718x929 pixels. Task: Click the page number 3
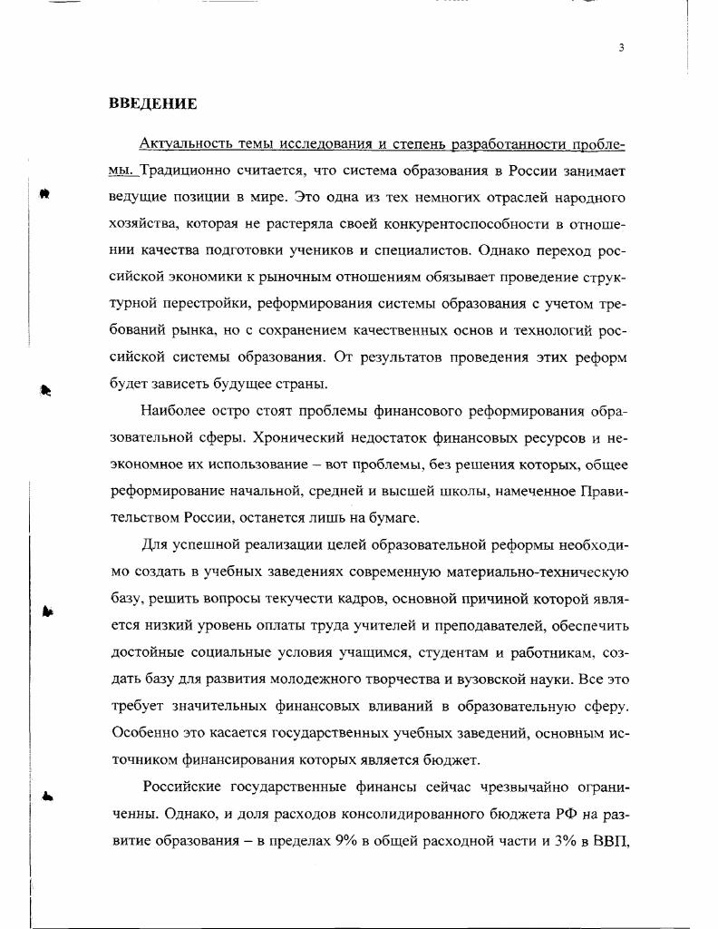click(621, 48)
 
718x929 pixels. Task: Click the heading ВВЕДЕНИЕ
click(152, 103)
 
